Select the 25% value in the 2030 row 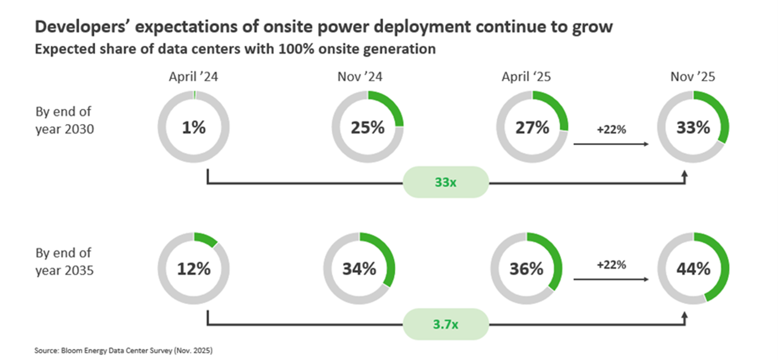367,127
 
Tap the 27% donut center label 532,127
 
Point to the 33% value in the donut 693,127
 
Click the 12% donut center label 193,269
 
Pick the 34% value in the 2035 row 359,269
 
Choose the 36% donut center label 527,269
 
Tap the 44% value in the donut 693,269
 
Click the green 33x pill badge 445,183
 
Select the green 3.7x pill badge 445,325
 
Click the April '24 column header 193,76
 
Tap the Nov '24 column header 367,76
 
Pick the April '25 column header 526,76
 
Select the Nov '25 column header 692,76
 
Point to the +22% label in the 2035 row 611,265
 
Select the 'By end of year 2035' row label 64,261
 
